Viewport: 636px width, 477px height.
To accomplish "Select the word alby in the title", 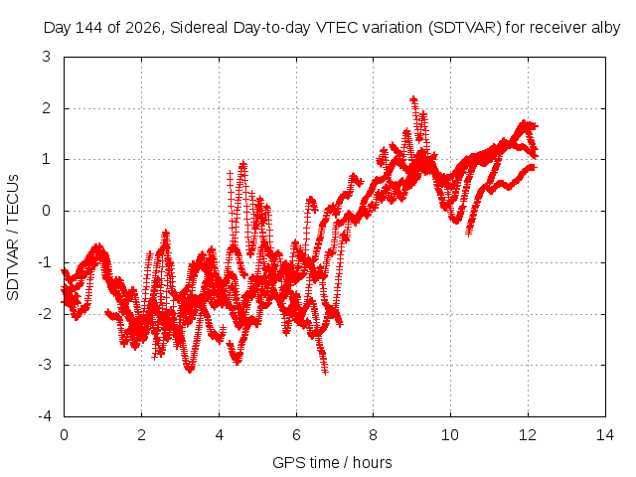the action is click(606, 28).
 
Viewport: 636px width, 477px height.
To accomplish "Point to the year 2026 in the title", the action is click(143, 28).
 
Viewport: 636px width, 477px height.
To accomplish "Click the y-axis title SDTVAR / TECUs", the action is click(13, 238).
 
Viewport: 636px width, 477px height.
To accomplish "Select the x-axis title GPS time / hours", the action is click(332, 462).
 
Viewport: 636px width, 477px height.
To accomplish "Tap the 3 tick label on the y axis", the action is click(47, 57).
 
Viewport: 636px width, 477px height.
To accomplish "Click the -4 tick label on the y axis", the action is click(45, 416).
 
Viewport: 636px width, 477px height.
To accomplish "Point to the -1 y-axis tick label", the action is click(45, 262).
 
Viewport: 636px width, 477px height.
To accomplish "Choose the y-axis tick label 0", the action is click(47, 211).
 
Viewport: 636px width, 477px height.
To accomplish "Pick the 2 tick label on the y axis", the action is click(47, 108).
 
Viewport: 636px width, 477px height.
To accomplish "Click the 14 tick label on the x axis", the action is click(605, 435).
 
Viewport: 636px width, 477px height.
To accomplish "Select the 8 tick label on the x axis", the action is click(374, 435).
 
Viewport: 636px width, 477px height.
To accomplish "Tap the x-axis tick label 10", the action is click(450, 435).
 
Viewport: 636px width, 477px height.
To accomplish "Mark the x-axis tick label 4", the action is click(219, 435).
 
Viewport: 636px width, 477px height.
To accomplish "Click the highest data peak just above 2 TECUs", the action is click(413, 99).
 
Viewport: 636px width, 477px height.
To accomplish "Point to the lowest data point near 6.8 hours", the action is click(325, 371).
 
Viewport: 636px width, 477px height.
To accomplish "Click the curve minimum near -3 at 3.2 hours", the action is click(190, 370).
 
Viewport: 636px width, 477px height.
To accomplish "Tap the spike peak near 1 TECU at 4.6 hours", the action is click(242, 164).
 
